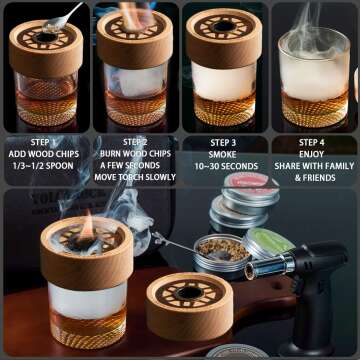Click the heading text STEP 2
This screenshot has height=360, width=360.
point(134,142)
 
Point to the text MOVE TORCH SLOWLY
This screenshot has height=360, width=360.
point(134,178)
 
